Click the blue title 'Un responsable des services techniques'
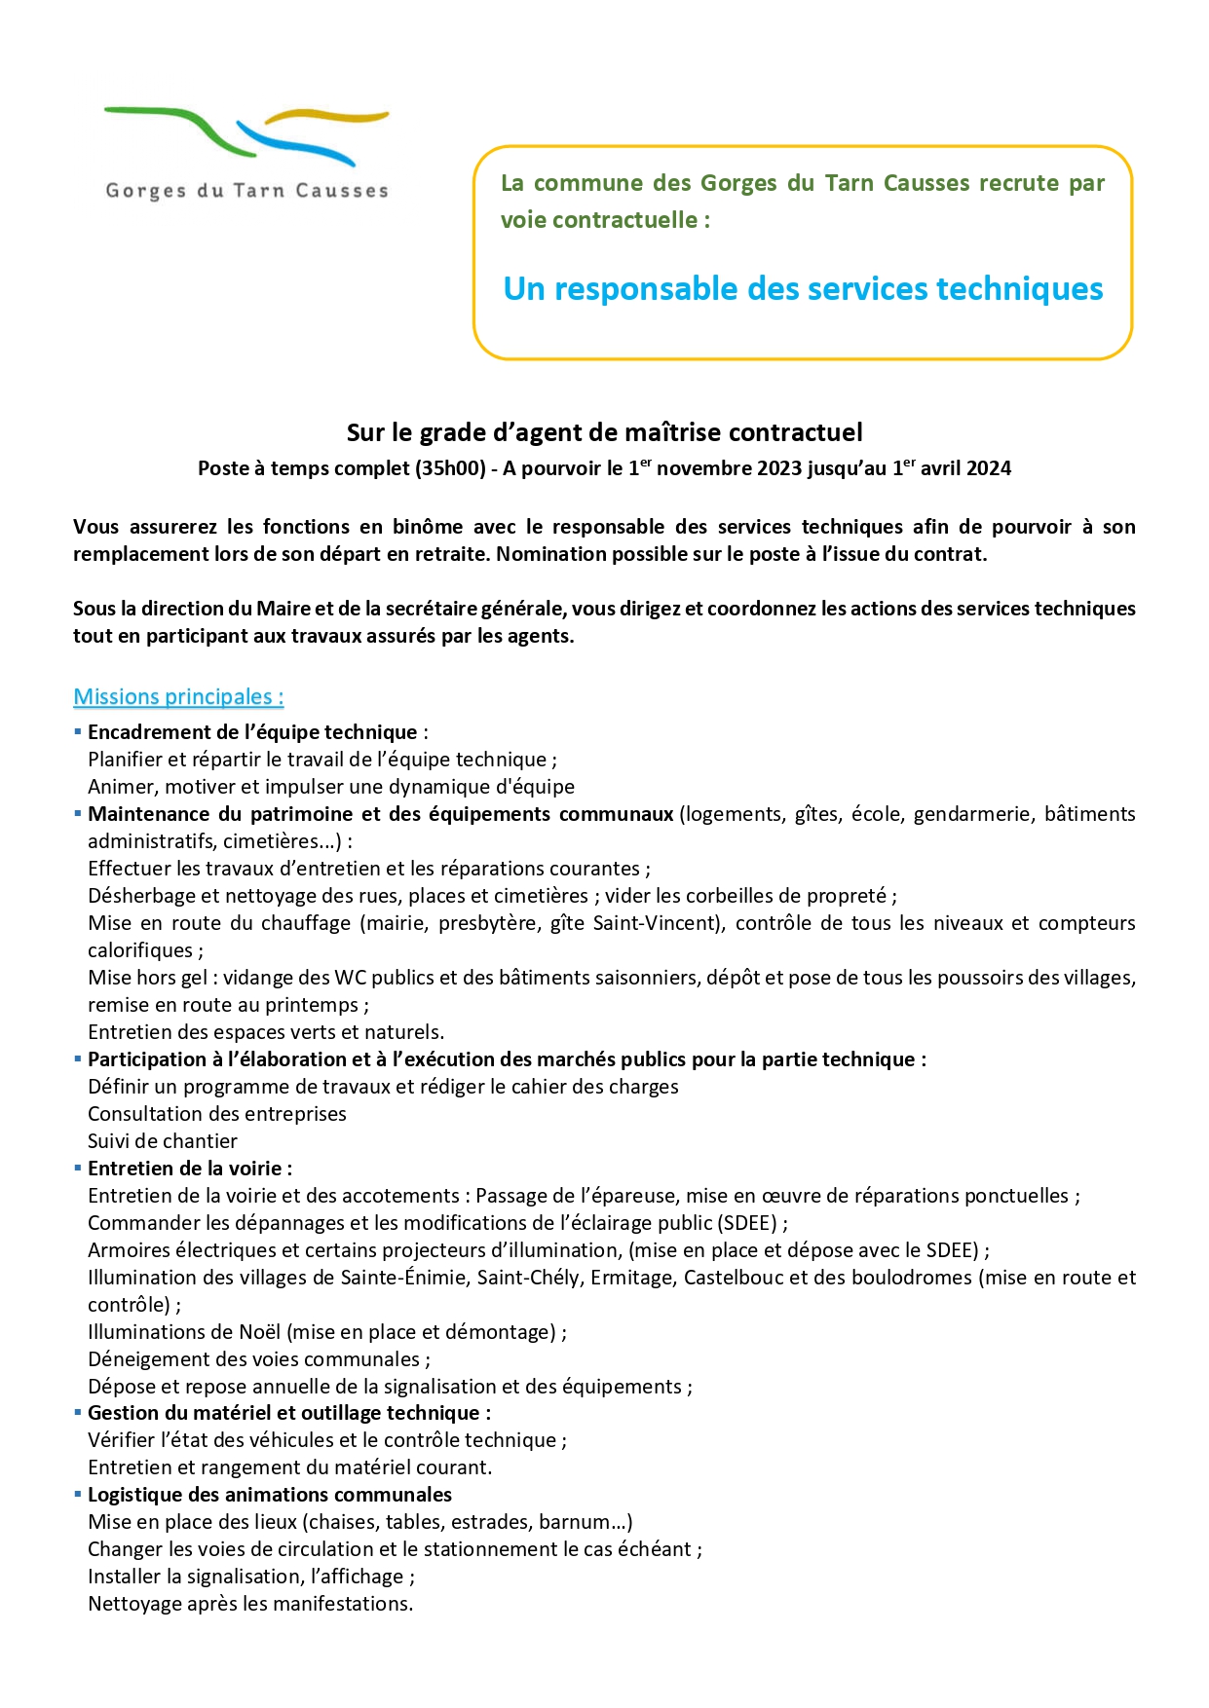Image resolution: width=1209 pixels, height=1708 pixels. (803, 289)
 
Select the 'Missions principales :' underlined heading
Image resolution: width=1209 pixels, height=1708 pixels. (178, 697)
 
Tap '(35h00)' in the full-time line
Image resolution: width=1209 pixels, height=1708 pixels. (450, 468)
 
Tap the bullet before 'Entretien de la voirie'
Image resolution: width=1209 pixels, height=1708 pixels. (78, 1168)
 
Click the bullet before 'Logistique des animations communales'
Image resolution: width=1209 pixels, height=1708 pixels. (78, 1494)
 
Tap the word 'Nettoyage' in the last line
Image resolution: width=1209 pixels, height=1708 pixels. (133, 1604)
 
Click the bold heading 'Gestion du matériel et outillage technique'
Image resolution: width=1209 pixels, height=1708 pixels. (288, 1413)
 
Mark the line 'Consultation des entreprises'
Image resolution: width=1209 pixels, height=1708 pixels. (216, 1114)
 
